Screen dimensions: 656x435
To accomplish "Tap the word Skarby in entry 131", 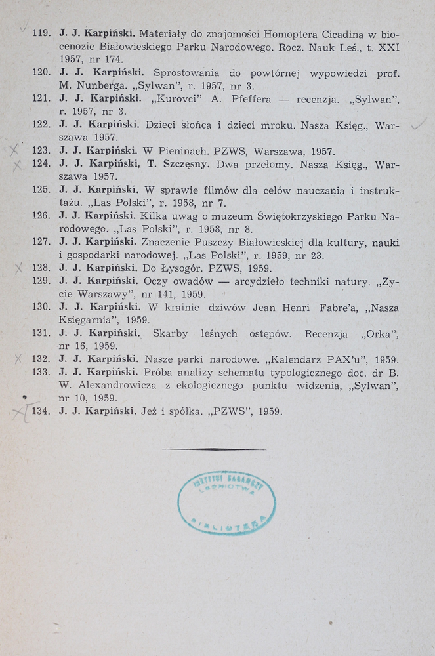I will pos(170,333).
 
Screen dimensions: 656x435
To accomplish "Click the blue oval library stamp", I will pos(226,502).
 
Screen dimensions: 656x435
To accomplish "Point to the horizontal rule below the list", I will pos(214,449).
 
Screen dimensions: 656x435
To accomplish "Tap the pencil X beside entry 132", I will pos(18,359).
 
